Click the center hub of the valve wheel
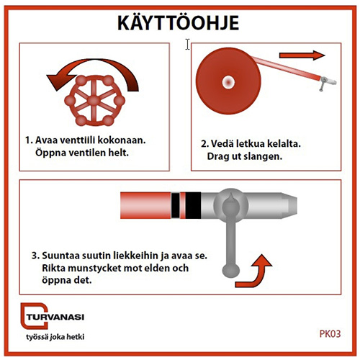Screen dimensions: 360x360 (x=94, y=100)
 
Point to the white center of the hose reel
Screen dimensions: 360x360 (x=228, y=82)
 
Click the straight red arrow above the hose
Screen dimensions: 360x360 (x=302, y=55)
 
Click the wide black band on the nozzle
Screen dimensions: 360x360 (x=193, y=205)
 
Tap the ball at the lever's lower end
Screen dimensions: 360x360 (x=230, y=271)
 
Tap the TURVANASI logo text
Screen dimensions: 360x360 (x=55, y=317)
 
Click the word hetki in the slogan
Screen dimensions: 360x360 (x=75, y=337)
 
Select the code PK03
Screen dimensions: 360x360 (x=330, y=334)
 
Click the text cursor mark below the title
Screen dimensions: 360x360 (x=187, y=45)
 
